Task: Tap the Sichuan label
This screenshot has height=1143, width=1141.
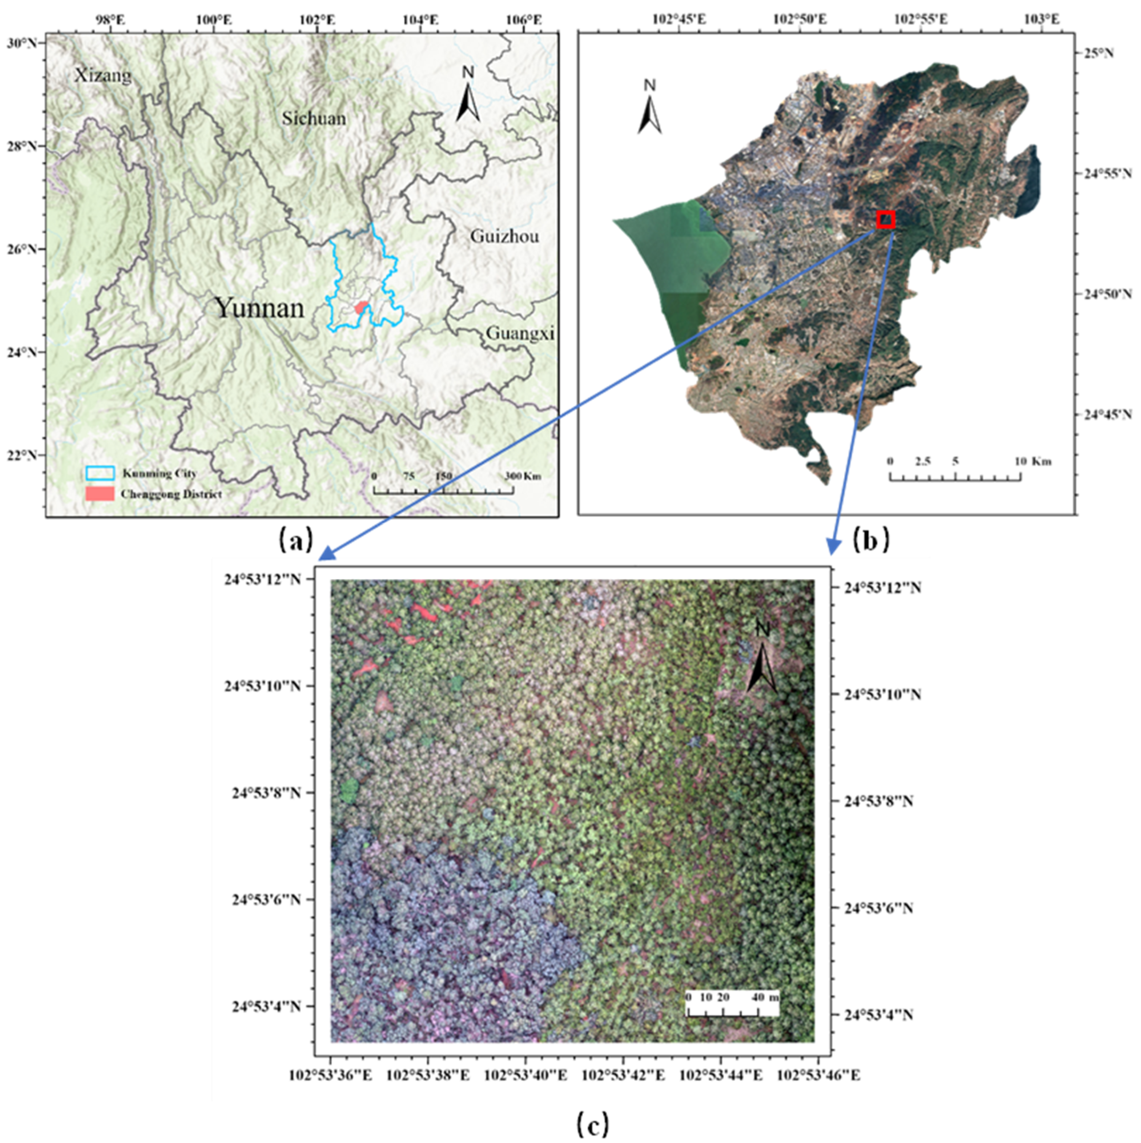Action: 313,119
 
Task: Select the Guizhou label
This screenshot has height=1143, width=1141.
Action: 505,237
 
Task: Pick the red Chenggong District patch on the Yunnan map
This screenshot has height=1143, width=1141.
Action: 361,307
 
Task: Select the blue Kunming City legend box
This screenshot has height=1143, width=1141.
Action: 100,473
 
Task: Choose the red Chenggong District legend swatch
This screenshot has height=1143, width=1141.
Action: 100,494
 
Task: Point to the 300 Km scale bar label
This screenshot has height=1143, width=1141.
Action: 522,476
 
